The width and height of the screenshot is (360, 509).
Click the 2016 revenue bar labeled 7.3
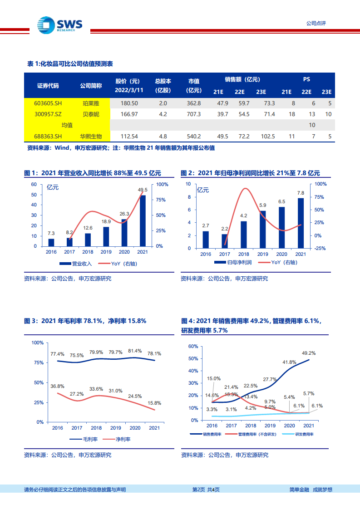coord(51,242)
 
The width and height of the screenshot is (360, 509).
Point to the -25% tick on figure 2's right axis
coord(320,249)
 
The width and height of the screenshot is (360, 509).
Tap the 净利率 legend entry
coord(119,440)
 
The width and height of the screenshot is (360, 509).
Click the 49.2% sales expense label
coord(309,353)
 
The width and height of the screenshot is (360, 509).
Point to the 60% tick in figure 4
coord(192,346)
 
